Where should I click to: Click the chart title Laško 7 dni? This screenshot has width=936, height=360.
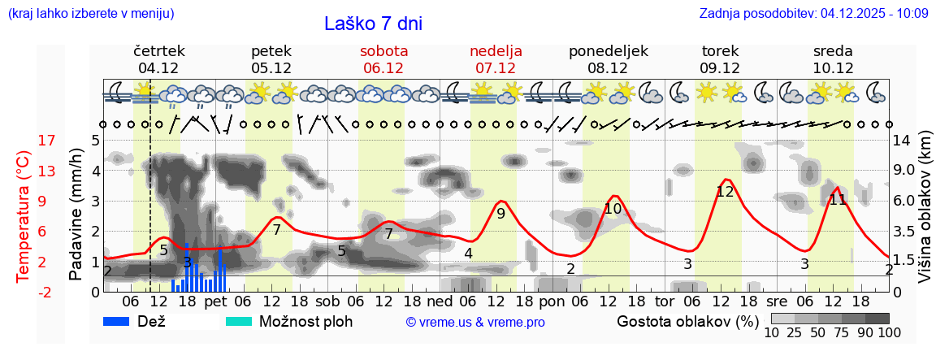click(x=373, y=24)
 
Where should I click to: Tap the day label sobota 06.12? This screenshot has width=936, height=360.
click(x=383, y=59)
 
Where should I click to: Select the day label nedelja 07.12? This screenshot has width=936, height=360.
click(x=496, y=59)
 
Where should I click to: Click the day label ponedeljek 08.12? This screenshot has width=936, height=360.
click(x=608, y=59)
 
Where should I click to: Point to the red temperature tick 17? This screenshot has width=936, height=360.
click(x=47, y=141)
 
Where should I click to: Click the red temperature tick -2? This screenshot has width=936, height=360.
click(x=47, y=292)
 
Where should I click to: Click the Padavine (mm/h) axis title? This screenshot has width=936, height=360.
click(x=76, y=215)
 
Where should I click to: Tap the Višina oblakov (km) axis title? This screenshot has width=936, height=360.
click(x=925, y=215)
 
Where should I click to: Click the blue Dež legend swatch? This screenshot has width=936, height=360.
click(x=122, y=321)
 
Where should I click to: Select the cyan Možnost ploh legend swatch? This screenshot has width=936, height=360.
click(x=239, y=321)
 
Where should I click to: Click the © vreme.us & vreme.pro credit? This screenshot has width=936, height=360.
click(x=475, y=322)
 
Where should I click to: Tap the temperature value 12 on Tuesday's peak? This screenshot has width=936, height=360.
click(x=725, y=193)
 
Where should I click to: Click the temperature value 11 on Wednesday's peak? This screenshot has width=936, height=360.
click(x=838, y=199)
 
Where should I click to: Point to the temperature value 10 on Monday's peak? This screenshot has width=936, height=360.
click(x=613, y=209)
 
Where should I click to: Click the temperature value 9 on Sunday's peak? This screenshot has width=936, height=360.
click(x=500, y=214)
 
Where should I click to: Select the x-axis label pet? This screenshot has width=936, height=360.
click(x=215, y=301)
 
